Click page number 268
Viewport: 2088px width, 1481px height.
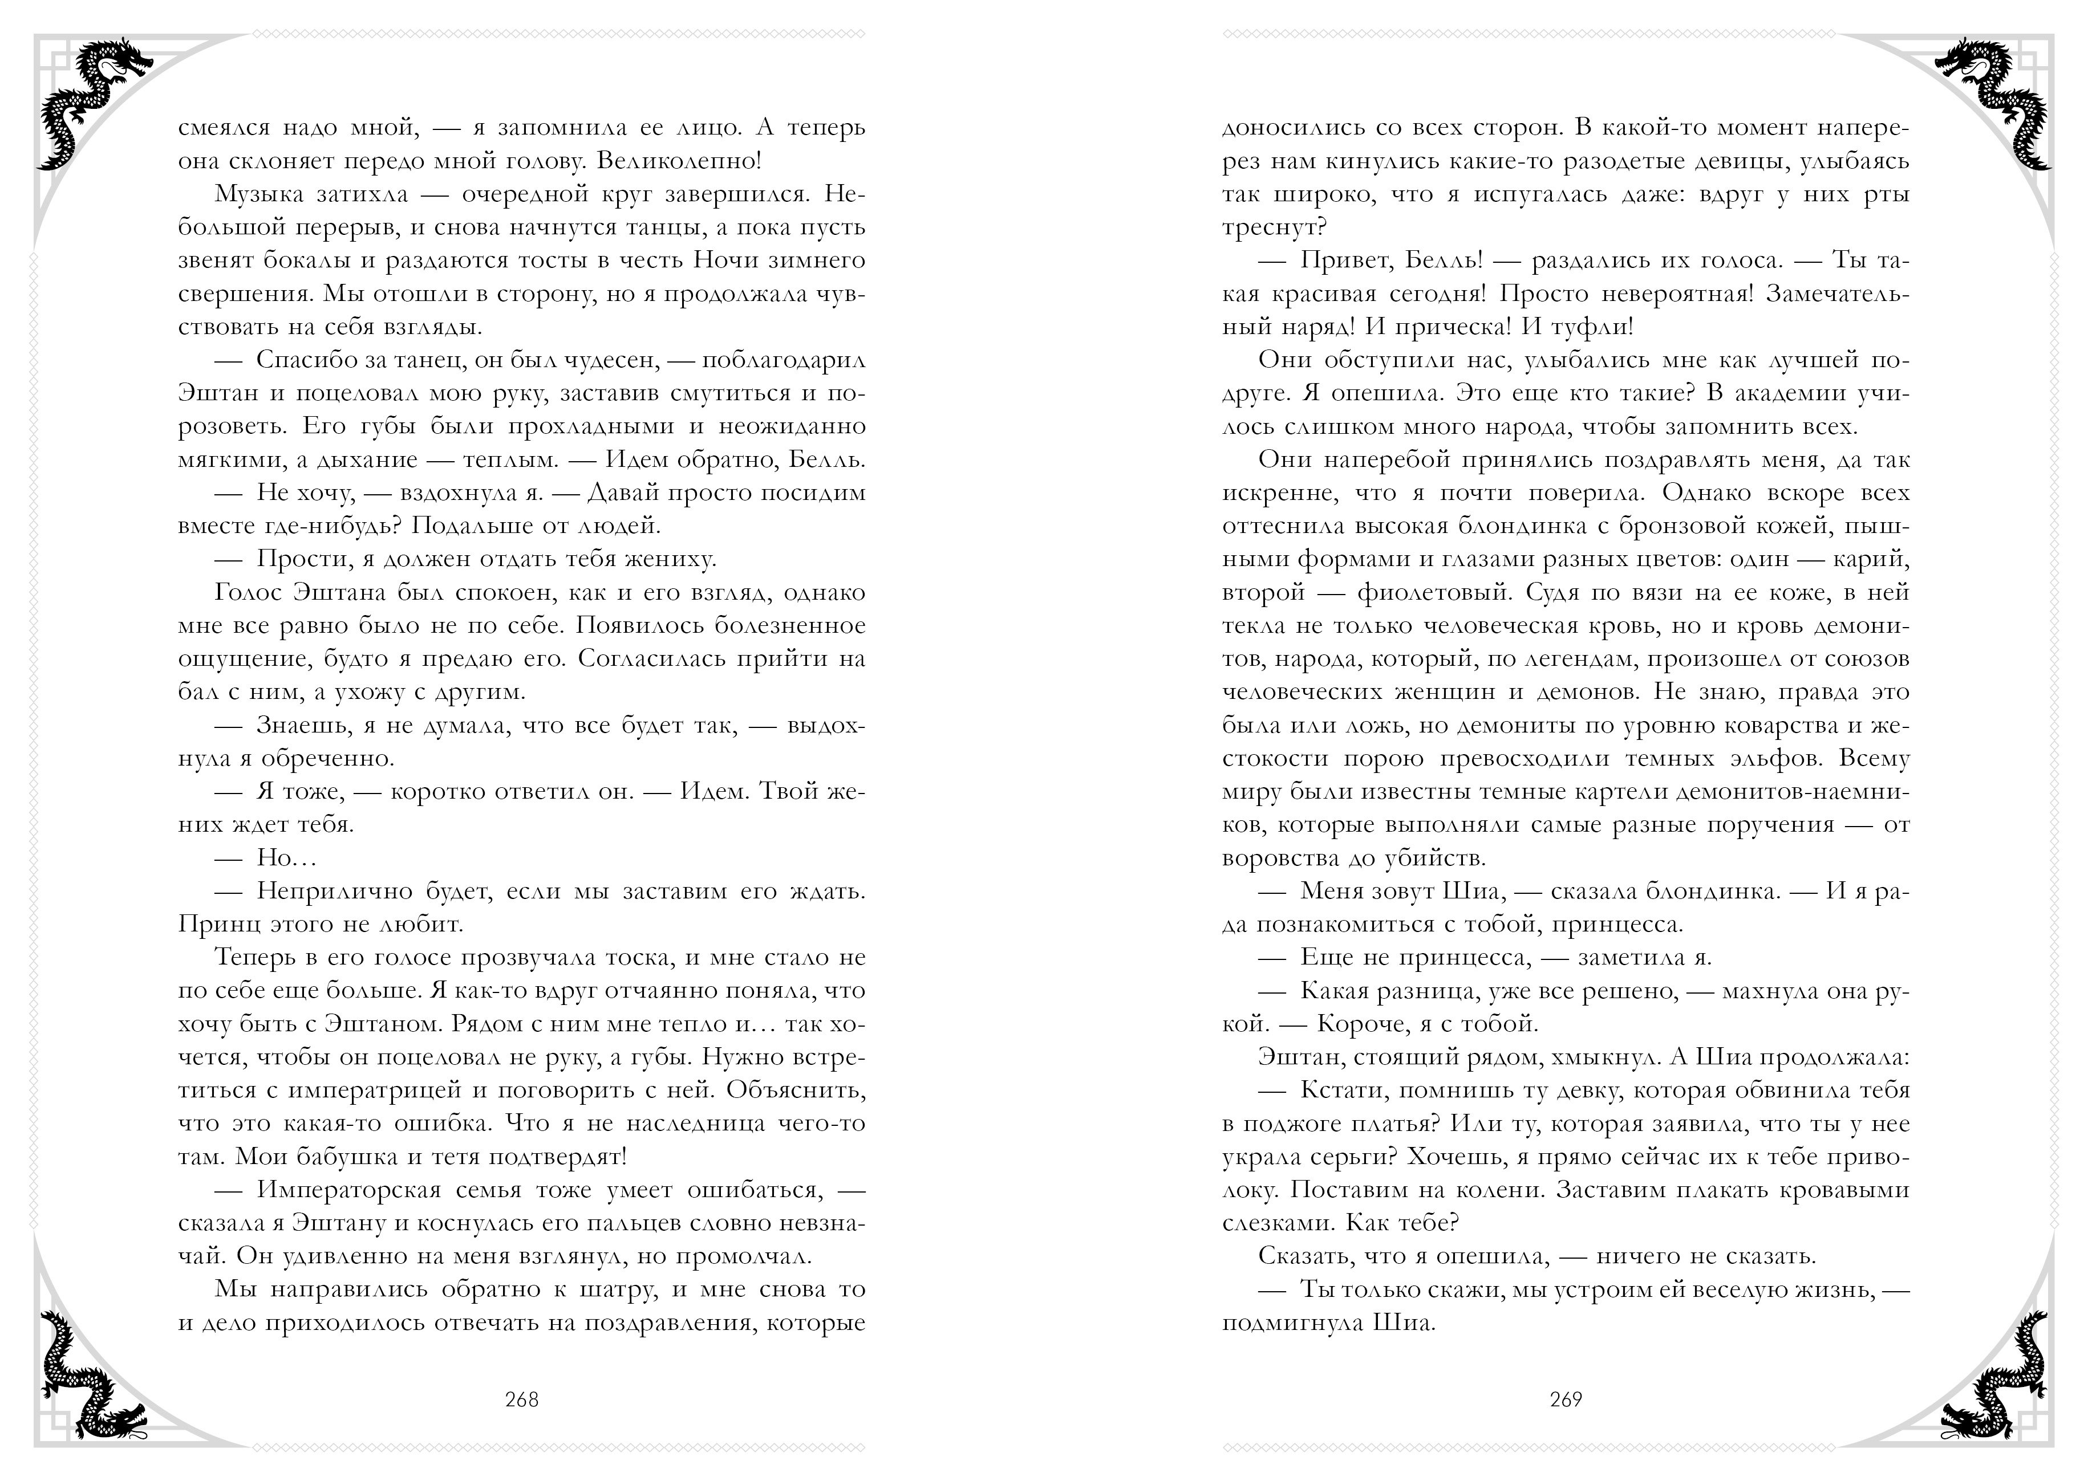[522, 1399]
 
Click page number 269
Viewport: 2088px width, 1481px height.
[1566, 1399]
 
